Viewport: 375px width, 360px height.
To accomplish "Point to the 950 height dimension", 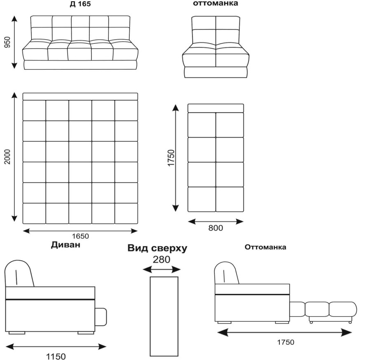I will point(7,42).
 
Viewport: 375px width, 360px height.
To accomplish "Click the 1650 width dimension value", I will point(80,236).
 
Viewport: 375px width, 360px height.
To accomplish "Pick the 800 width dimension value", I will point(216,228).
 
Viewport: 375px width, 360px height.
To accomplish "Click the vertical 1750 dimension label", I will point(171,158).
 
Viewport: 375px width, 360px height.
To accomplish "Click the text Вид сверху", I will point(157,249).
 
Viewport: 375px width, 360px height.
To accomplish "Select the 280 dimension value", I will point(161,260).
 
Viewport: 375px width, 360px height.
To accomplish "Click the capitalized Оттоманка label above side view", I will point(265,247).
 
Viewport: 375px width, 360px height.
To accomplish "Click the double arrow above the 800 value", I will point(216,221).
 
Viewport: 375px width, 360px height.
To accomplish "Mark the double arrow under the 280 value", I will point(162,270).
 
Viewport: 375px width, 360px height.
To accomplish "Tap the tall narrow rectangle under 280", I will point(164,315).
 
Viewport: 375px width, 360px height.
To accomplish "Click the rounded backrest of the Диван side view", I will point(19,273).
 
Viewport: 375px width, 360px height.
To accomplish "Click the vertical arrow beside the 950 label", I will point(15,42).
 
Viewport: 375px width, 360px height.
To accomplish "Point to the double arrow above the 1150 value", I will point(56,347).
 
